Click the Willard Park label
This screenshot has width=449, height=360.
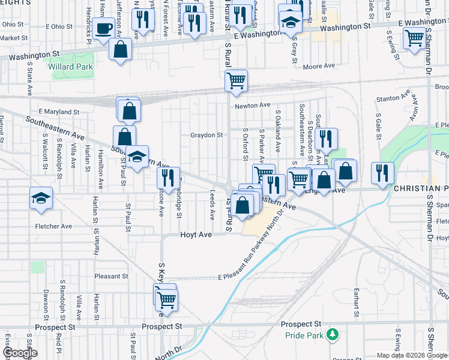pos(76,67)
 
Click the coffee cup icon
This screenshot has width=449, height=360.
pos(104,28)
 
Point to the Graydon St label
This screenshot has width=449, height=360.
pos(207,135)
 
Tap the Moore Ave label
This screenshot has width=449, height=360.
pos(318,67)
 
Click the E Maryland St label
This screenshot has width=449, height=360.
pos(59,112)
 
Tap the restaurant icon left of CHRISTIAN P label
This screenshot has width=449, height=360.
pos(382,172)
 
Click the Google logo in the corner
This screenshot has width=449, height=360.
pos(19,353)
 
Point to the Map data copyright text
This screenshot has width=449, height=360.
pos(412,355)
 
